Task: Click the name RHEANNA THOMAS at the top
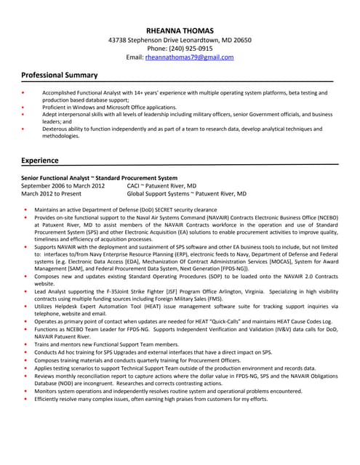coord(180,31)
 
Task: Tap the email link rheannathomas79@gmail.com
coord(189,57)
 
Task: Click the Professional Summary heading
coord(59,75)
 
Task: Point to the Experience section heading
coord(40,160)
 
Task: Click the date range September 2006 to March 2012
coord(63,186)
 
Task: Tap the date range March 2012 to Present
coord(51,194)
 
